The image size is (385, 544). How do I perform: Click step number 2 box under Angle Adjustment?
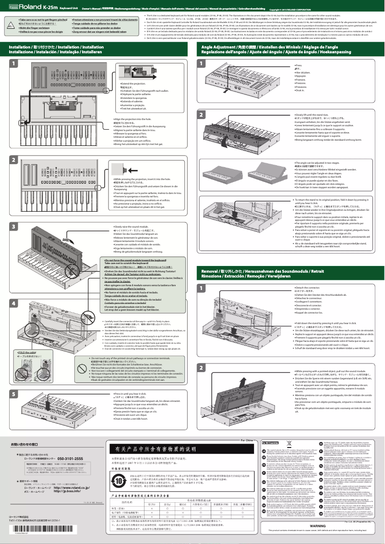(201, 115)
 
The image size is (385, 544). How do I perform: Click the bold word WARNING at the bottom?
(317, 526)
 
